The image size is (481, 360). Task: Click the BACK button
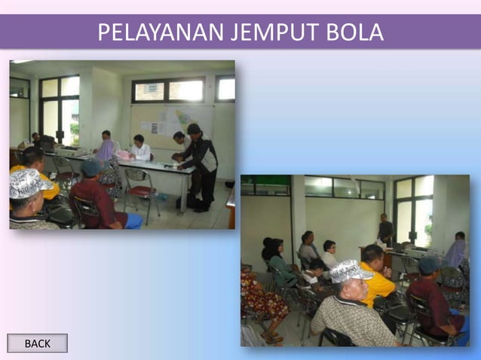click(x=37, y=343)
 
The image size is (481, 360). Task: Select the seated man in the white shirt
click(x=139, y=148)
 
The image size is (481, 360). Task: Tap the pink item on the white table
click(x=121, y=155)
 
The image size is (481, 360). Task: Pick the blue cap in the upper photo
click(x=93, y=166)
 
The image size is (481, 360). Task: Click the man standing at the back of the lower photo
click(x=386, y=230)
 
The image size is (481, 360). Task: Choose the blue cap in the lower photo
click(x=428, y=265)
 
